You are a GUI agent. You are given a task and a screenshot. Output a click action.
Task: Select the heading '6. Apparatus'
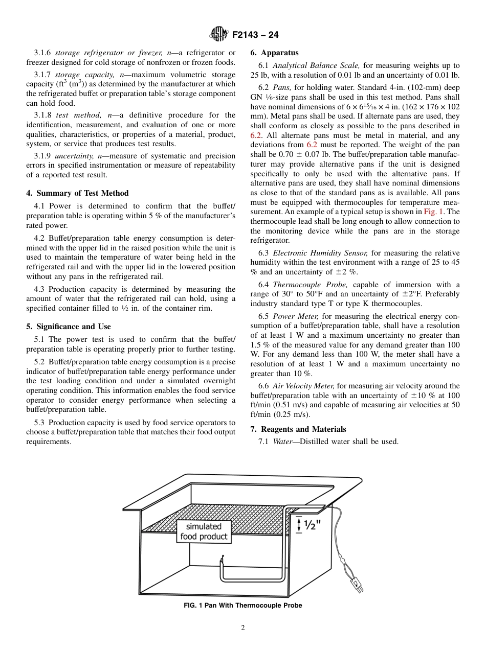[274, 53]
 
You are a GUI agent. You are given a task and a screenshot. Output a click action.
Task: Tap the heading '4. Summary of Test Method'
[77, 193]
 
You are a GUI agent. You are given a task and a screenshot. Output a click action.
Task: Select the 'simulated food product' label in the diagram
[204, 531]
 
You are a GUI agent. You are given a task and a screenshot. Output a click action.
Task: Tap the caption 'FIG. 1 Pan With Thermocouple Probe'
[242, 606]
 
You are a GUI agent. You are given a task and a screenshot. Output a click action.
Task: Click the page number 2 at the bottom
[243, 628]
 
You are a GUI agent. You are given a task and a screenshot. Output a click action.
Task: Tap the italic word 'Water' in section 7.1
[282, 442]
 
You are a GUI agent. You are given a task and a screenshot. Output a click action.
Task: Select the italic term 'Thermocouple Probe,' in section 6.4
[311, 285]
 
